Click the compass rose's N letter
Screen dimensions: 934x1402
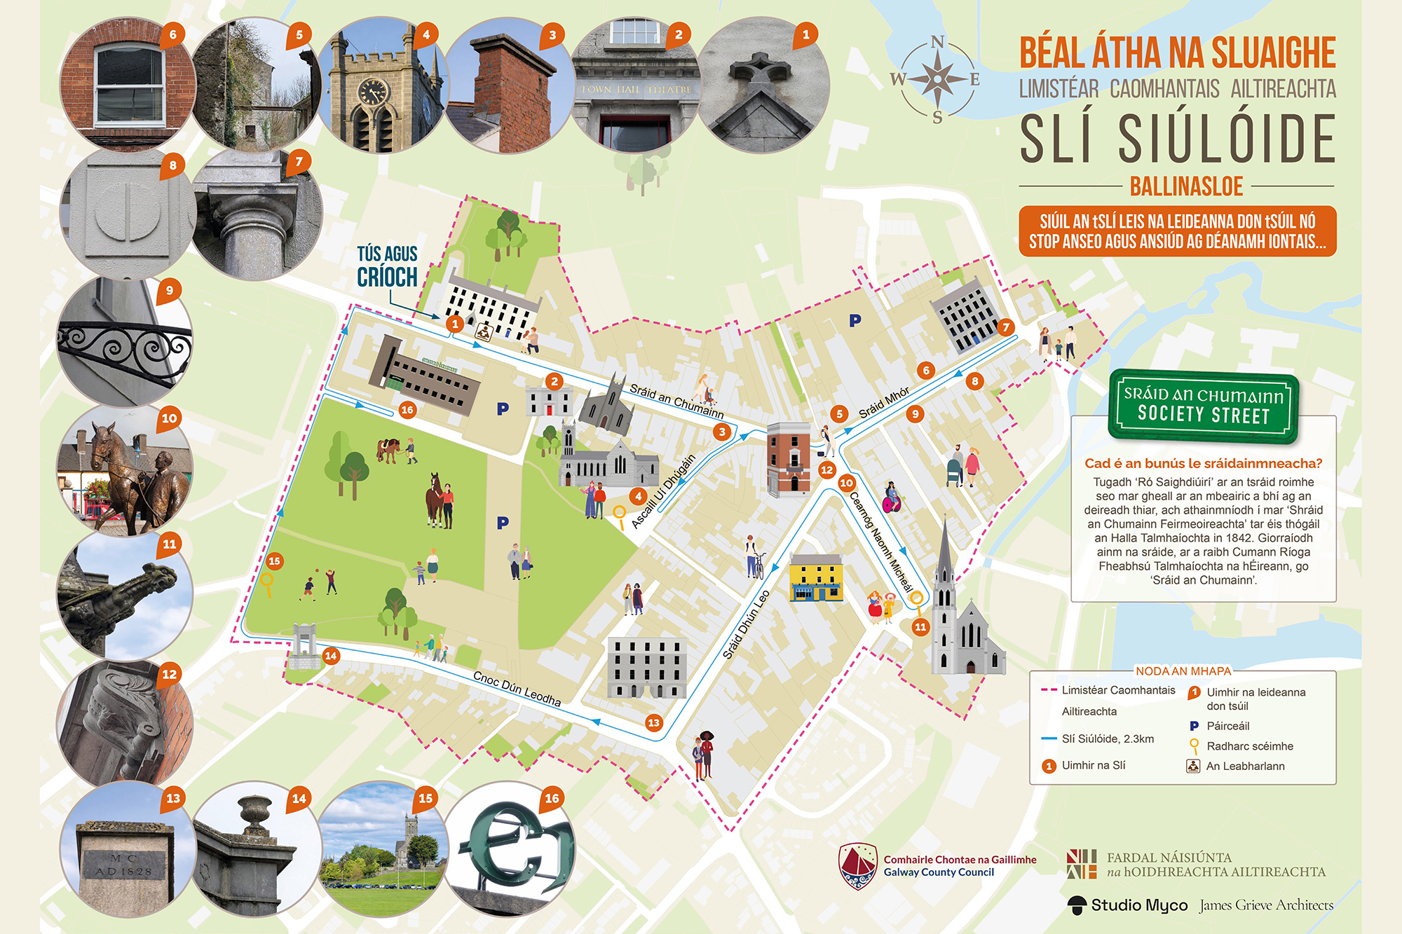(937, 43)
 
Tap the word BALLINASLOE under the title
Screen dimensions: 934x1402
(1186, 186)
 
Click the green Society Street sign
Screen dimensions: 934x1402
(1204, 405)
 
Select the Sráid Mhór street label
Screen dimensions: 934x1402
(884, 402)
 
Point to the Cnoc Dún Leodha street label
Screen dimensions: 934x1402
(517, 689)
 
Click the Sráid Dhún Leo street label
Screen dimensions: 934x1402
(747, 624)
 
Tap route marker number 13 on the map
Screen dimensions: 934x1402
(653, 722)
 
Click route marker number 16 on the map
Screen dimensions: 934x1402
(407, 410)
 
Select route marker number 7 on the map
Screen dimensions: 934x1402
(1006, 327)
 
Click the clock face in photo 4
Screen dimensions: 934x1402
(372, 91)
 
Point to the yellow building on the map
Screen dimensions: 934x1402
(815, 577)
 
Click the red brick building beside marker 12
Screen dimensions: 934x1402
(789, 459)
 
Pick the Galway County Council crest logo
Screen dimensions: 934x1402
(858, 865)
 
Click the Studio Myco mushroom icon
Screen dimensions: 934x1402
(1077, 905)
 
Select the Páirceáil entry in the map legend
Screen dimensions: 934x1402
(1227, 726)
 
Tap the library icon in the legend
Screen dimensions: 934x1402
(1193, 766)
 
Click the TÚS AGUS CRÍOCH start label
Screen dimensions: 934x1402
(387, 266)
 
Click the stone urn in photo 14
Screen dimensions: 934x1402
(254, 813)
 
